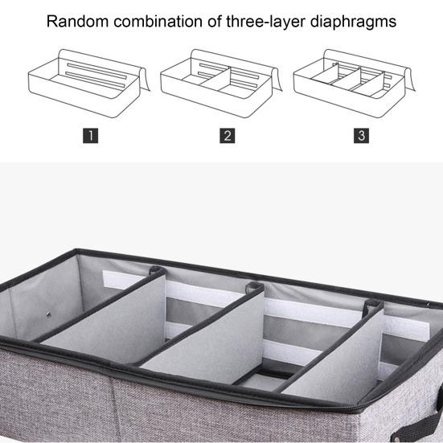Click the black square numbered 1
click(92, 135)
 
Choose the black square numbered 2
click(228, 135)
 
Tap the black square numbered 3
click(362, 135)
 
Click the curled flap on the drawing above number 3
click(412, 77)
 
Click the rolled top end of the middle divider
click(255, 288)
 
